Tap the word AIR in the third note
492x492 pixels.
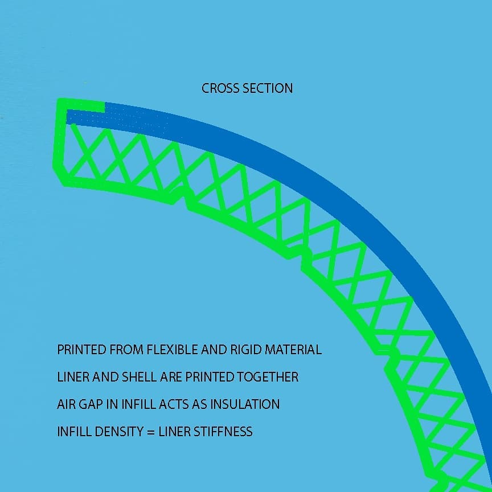click(x=66, y=404)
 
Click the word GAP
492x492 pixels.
click(x=92, y=404)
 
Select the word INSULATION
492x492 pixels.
click(x=245, y=404)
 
